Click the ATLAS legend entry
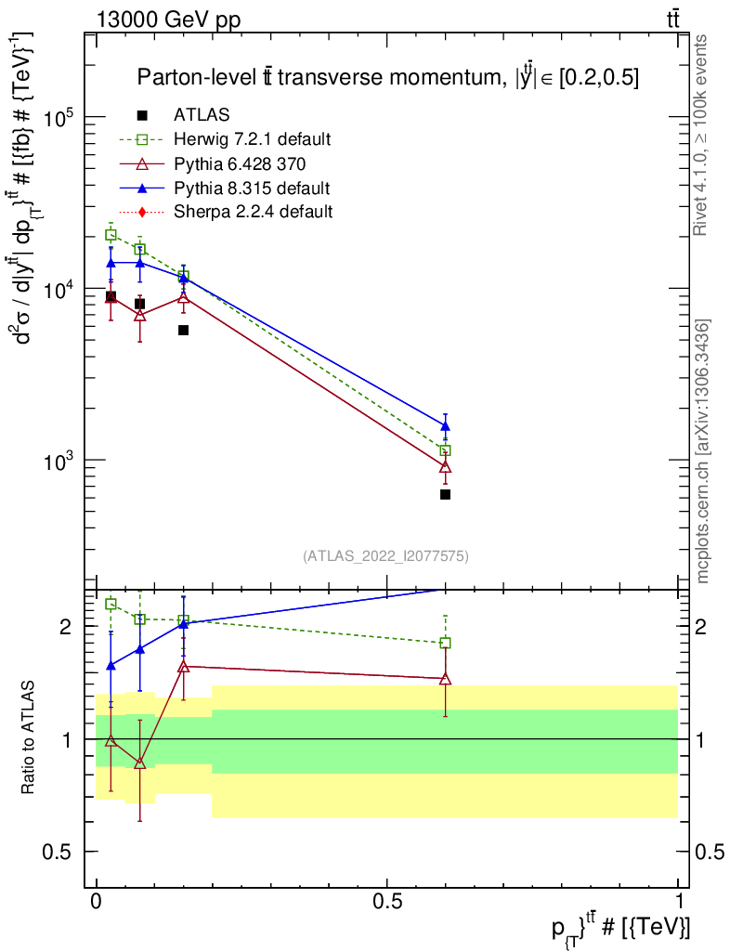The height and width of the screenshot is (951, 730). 202,115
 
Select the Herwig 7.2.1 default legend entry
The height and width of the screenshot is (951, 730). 252,139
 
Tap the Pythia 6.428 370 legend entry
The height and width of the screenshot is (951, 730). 240,163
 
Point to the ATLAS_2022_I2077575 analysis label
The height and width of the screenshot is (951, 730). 385,556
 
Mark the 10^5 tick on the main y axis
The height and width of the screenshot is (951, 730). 63,118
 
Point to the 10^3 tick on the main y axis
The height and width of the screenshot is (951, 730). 63,461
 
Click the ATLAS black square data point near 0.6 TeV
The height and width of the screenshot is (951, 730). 445,494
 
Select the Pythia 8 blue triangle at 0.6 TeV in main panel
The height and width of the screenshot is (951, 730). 445,426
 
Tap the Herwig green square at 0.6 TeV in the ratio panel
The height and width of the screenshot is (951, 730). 445,643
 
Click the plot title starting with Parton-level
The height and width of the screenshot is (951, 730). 388,77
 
